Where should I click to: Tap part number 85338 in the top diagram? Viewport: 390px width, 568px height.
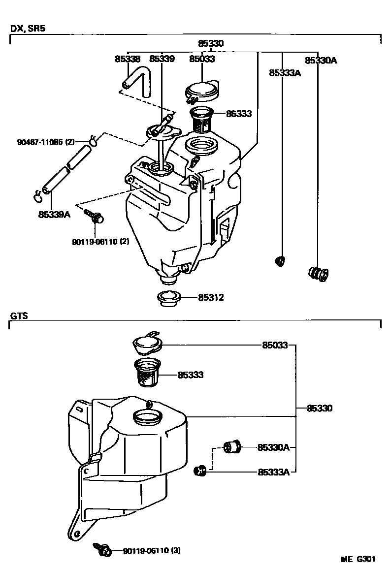128,59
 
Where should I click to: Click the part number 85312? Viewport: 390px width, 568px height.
211,297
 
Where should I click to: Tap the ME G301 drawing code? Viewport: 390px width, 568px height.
359,559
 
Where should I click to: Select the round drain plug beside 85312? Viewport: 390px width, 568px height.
168,298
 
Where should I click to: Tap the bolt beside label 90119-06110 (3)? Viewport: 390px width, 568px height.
103,550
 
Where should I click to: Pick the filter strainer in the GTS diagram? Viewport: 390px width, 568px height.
147,374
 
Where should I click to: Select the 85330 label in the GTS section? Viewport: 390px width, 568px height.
320,408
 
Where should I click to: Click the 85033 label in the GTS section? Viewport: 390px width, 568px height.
274,346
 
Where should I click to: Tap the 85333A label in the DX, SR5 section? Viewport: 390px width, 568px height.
285,73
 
